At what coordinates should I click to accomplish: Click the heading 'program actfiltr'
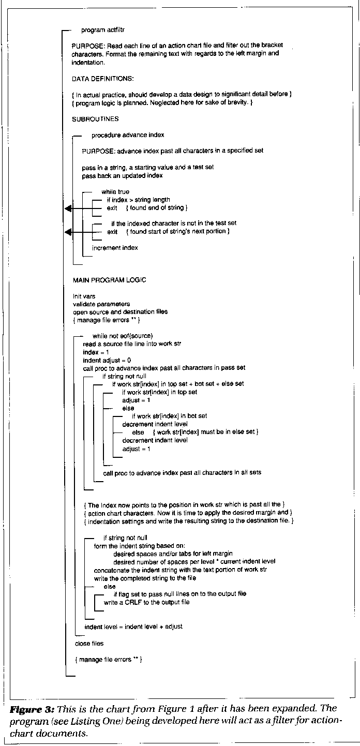pyautogui.click(x=102, y=31)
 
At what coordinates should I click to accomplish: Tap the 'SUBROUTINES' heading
pyautogui.click(x=96, y=119)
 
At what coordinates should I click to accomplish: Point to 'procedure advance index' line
pyautogui.click(x=128, y=135)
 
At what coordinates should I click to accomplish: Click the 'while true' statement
pyautogui.click(x=115, y=191)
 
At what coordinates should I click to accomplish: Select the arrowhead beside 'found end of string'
pyautogui.click(x=67, y=208)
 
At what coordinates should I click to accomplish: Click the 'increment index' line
pyautogui.click(x=115, y=248)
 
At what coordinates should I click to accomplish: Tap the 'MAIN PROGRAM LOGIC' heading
pyautogui.click(x=110, y=280)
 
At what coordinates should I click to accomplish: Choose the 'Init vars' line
pyautogui.click(x=84, y=296)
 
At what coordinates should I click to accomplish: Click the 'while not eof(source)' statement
pyautogui.click(x=123, y=336)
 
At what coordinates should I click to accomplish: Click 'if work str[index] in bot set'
pyautogui.click(x=170, y=416)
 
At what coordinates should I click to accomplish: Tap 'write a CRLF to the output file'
pyautogui.click(x=146, y=602)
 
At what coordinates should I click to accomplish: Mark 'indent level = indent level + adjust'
pyautogui.click(x=133, y=626)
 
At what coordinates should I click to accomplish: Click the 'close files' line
pyautogui.click(x=89, y=643)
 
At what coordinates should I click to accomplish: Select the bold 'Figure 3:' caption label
pyautogui.click(x=26, y=708)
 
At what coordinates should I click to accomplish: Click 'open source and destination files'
pyautogui.click(x=120, y=312)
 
